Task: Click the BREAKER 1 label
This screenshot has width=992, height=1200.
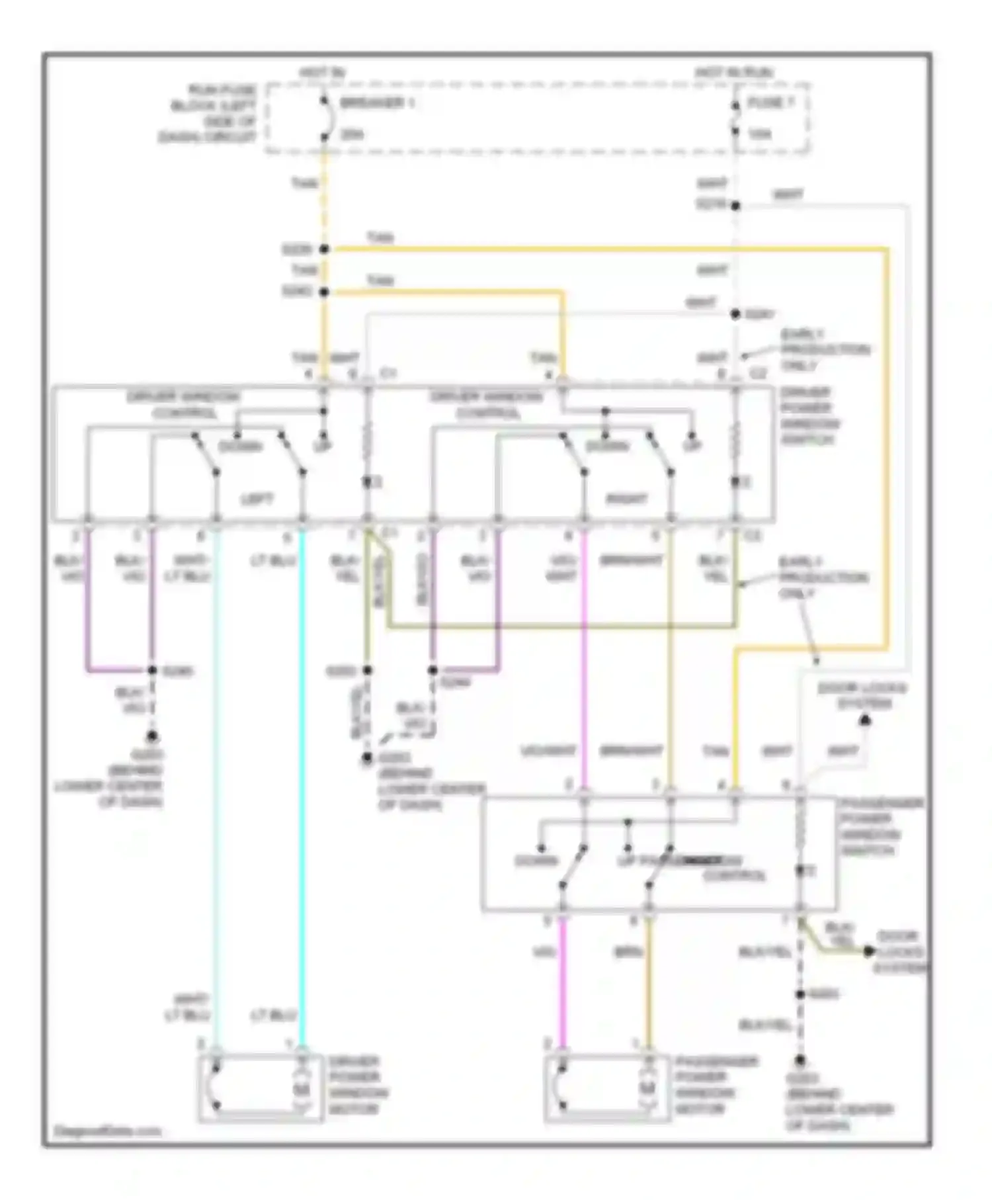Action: click(378, 103)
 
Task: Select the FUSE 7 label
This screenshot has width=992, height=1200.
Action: click(770, 103)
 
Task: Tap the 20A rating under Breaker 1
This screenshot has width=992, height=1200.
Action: click(352, 134)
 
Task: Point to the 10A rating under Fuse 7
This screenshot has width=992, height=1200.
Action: click(760, 134)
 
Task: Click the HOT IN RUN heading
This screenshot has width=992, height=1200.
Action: click(734, 71)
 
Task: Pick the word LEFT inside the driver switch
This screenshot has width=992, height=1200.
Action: click(257, 499)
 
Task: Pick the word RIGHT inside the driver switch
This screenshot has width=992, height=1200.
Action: click(627, 499)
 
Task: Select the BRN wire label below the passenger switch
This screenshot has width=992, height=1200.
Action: click(624, 953)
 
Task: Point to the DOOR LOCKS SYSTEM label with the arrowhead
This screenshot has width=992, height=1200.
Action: click(862, 696)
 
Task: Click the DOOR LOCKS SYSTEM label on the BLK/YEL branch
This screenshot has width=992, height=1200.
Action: click(899, 953)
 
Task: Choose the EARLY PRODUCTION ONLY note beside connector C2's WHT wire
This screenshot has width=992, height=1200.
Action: click(824, 349)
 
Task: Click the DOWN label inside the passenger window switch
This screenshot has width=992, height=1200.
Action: click(536, 861)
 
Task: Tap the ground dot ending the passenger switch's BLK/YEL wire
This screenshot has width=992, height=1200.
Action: click(800, 1060)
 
